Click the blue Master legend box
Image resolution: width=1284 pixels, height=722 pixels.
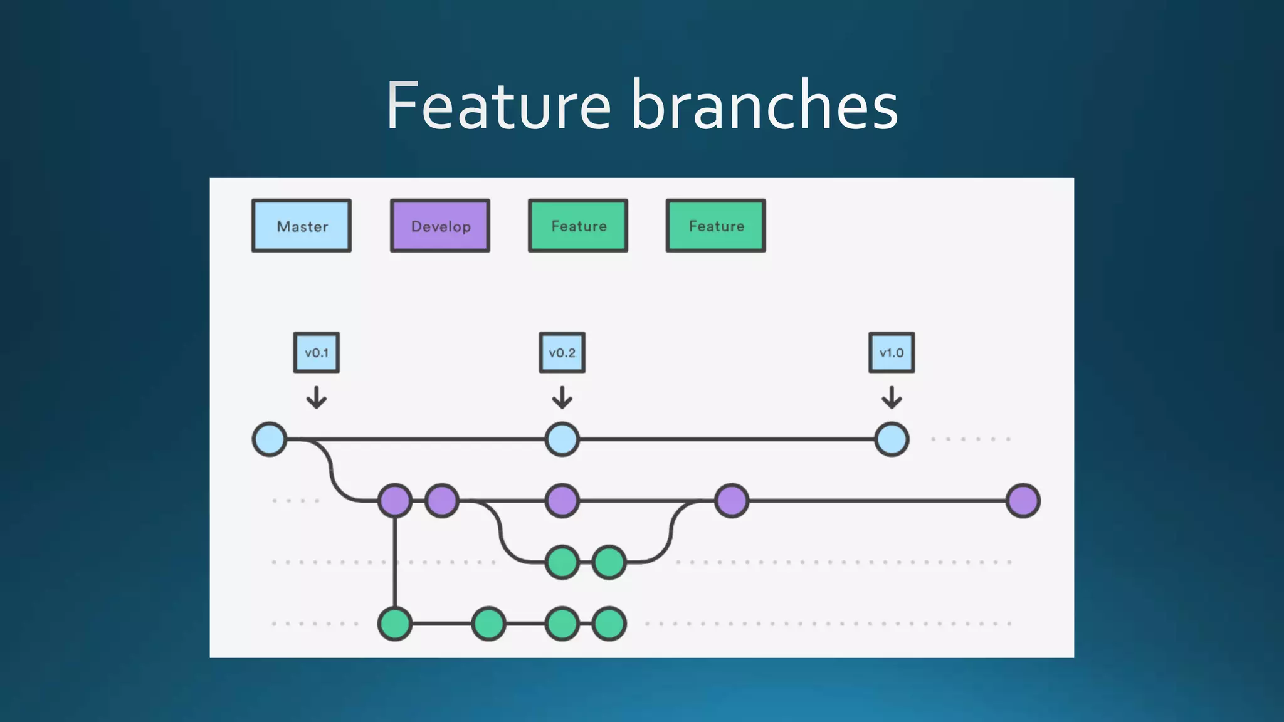(x=302, y=226)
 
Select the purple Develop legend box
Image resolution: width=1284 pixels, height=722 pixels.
(x=440, y=226)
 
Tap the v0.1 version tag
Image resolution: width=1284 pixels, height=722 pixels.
(x=317, y=353)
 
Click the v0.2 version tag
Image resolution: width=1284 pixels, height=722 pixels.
(x=562, y=353)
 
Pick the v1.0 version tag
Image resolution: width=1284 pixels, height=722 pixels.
(x=892, y=353)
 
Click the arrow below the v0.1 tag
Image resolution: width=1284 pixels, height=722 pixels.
(x=317, y=397)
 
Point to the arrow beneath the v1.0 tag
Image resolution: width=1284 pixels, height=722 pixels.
(x=892, y=397)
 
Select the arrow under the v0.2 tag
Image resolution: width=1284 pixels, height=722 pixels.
(x=562, y=397)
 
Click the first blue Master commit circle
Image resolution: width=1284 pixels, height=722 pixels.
(x=270, y=439)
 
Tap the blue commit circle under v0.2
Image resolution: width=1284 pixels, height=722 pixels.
(x=562, y=439)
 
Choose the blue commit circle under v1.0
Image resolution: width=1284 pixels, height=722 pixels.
(x=892, y=439)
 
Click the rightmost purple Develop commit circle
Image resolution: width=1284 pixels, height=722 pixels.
(x=1023, y=501)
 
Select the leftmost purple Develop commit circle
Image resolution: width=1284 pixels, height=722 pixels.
(x=395, y=501)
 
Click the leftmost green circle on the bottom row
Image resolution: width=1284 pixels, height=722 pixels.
(x=395, y=624)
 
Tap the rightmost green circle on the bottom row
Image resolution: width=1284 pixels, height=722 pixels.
(x=609, y=624)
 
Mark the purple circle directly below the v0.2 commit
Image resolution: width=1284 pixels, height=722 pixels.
(x=562, y=501)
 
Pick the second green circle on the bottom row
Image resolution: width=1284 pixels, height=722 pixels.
(x=488, y=624)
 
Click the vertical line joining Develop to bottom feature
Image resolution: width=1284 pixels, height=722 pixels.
(x=395, y=562)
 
